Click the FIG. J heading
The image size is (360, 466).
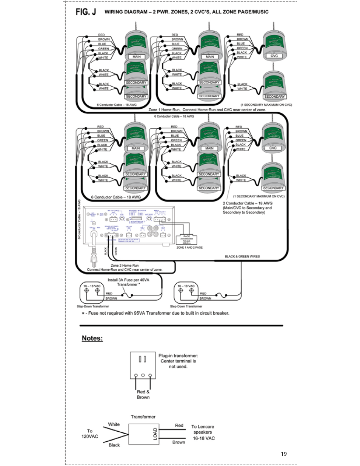click(x=86, y=12)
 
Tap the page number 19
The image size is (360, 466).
click(x=284, y=454)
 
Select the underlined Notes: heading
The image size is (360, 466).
click(x=92, y=338)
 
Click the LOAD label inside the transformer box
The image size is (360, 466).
click(x=155, y=434)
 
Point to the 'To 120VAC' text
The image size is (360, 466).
click(x=89, y=434)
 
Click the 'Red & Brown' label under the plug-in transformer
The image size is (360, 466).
click(x=143, y=394)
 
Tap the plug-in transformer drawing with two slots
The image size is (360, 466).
click(x=143, y=365)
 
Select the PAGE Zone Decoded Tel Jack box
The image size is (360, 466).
click(x=186, y=239)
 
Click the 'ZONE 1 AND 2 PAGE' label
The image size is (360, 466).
click(x=189, y=248)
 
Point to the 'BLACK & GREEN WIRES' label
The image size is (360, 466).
click(x=242, y=257)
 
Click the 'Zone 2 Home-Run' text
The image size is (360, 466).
click(x=125, y=265)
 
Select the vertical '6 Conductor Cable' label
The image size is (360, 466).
click(x=80, y=219)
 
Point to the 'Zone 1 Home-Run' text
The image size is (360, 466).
click(x=165, y=109)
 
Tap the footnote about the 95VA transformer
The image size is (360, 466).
click(x=155, y=313)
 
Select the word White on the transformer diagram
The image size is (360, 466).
click(x=114, y=424)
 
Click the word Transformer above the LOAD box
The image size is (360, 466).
click(x=143, y=417)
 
